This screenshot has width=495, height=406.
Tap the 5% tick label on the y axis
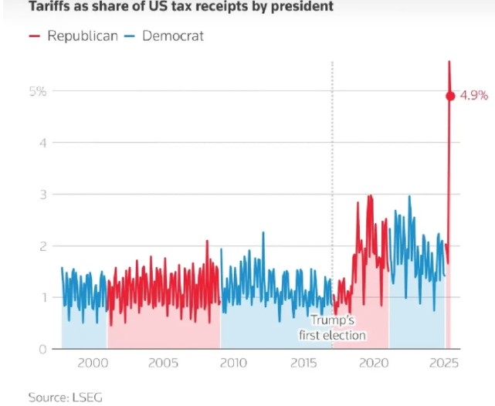point(39,91)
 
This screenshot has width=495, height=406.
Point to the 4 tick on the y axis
point(43,143)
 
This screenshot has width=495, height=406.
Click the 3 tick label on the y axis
point(43,195)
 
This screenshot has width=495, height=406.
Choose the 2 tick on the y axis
point(43,246)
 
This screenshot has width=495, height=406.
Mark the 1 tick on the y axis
point(43,298)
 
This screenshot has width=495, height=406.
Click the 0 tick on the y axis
point(43,349)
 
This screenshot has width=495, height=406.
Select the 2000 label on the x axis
point(91,364)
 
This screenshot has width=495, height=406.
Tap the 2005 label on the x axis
point(162,364)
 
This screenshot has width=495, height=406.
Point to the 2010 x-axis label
point(233,364)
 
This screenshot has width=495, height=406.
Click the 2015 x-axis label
point(304,364)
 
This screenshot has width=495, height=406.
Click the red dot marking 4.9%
point(450,96)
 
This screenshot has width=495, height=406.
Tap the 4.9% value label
point(474,96)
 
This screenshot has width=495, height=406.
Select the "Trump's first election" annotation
point(332,328)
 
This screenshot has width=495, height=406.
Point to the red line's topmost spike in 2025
point(449,61)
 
